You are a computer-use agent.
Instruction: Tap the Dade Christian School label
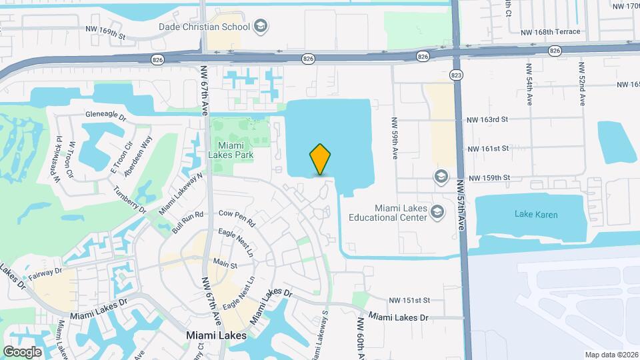pos(204,27)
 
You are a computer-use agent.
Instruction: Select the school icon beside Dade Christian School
pos(261,27)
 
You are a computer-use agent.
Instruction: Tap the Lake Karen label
pos(536,215)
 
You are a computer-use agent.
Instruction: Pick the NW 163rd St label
pos(488,119)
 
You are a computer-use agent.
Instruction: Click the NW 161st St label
pos(488,149)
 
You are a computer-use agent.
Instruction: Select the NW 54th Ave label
pos(529,85)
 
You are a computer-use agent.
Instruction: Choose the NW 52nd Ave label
pos(582,85)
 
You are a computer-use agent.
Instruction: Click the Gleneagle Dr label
pos(105,115)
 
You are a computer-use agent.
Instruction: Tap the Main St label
pos(225,265)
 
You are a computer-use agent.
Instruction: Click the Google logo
pos(22,352)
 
